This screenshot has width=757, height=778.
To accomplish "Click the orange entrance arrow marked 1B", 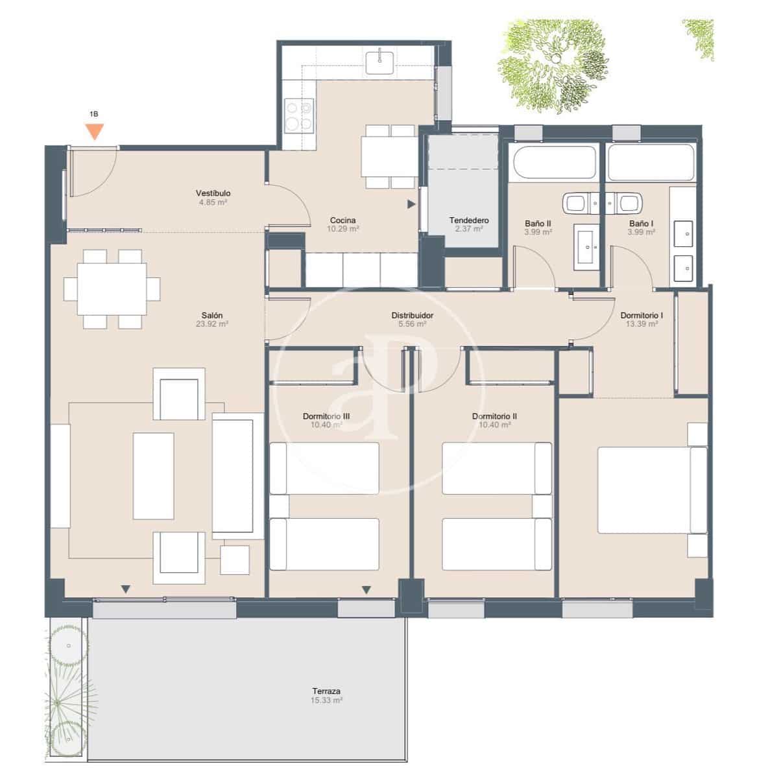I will coord(95,131).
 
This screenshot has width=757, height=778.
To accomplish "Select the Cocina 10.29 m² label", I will coord(343,224).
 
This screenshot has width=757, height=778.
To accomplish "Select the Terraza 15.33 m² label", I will coord(326,696).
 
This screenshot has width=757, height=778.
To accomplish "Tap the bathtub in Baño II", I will coord(553,163).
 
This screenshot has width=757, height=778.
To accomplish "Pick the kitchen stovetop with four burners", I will coord(299,115).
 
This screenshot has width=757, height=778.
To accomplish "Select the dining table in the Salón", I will coord(112,289).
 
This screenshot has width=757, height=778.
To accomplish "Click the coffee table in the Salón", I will coord(154,475).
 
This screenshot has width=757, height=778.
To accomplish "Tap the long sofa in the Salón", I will coord(232,477).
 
